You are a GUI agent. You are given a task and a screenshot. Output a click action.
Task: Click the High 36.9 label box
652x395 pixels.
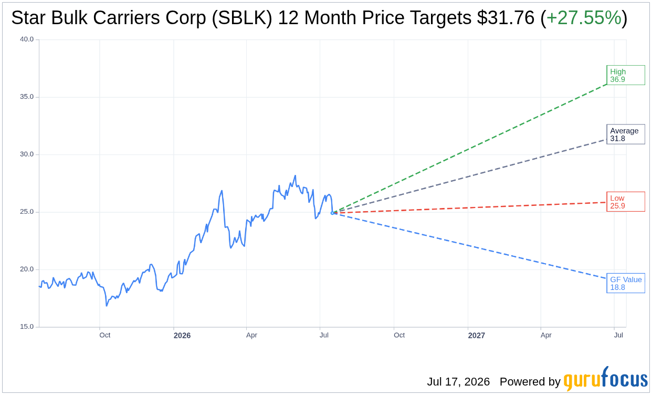point(626,75)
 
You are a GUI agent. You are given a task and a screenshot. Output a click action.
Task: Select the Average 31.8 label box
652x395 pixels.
point(626,134)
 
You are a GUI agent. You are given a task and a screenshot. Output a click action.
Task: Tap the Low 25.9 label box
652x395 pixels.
point(626,202)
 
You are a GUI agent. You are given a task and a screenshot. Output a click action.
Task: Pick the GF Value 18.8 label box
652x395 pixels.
point(626,283)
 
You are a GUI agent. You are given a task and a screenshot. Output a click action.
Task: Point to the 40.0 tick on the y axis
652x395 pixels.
point(27,39)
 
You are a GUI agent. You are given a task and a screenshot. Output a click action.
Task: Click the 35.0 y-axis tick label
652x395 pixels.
point(27,97)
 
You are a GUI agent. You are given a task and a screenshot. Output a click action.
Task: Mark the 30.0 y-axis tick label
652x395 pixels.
point(27,154)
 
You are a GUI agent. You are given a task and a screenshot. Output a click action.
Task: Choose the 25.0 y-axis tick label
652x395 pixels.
point(27,212)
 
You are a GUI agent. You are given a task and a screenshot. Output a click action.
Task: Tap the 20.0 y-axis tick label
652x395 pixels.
point(27,269)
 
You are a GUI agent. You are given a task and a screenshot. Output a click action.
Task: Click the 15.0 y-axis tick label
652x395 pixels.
point(27,327)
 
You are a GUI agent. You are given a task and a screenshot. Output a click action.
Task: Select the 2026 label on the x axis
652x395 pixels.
point(182,336)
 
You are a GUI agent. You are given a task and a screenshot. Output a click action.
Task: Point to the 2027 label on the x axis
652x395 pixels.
point(476,336)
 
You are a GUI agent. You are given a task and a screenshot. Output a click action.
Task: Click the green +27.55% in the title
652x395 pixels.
point(584,17)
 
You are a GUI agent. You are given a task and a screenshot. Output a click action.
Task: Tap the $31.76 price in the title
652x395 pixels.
point(506,17)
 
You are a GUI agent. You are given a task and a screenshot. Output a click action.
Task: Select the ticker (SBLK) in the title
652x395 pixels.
point(242,18)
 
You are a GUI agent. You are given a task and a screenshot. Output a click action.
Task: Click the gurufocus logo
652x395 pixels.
point(605,379)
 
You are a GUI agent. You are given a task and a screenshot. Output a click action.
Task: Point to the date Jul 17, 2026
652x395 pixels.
point(458,381)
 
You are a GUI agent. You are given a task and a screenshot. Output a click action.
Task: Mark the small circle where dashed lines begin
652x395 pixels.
point(332,213)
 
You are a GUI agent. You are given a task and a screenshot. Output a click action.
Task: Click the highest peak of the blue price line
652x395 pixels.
point(295,175)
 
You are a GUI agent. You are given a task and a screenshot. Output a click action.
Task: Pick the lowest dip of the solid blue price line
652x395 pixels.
point(107,306)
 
